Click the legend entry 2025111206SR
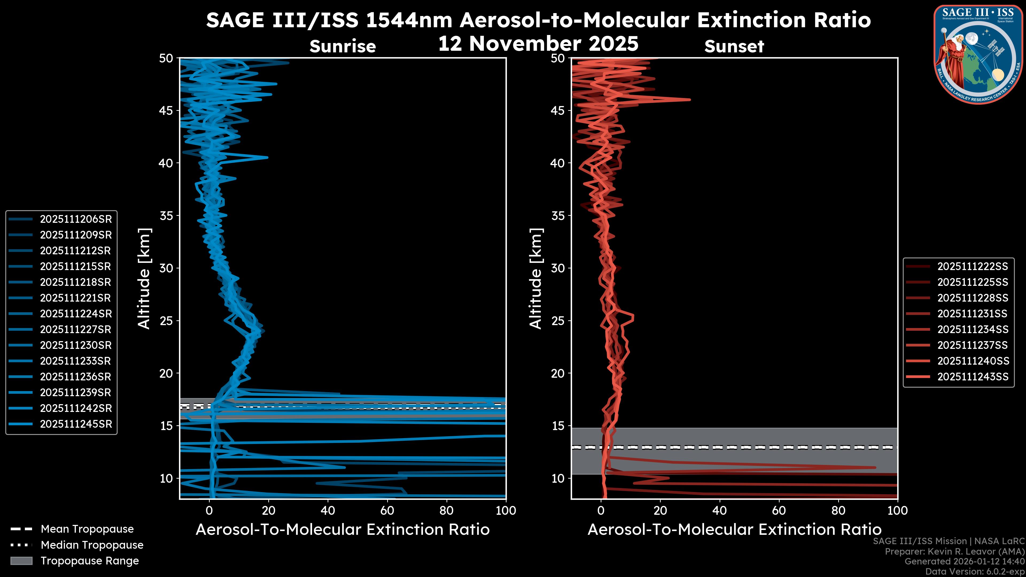click(x=76, y=219)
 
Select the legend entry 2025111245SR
click(x=76, y=424)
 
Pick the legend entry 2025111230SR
click(x=76, y=345)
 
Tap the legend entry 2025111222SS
click(x=973, y=266)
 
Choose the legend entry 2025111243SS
click(x=973, y=377)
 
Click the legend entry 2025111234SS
click(x=973, y=329)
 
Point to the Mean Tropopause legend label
click(x=87, y=529)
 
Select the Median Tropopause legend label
click(x=92, y=545)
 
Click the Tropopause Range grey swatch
click(x=21, y=561)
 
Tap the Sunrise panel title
click(x=343, y=46)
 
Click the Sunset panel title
click(x=734, y=46)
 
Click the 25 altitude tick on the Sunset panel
click(x=558, y=321)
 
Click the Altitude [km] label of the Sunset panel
click(x=536, y=278)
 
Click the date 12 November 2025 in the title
click(x=538, y=44)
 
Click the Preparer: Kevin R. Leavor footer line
click(x=954, y=552)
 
